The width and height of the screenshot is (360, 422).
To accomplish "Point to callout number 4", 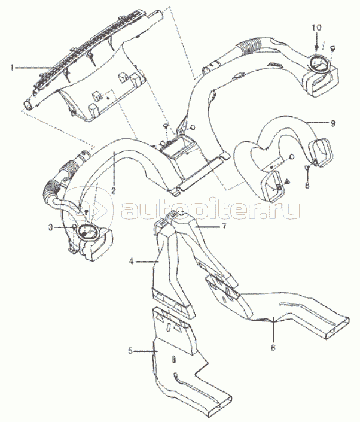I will [x=131, y=262].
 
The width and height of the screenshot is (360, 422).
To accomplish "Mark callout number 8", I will [x=307, y=187].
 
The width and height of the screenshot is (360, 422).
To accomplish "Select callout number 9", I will [x=333, y=123].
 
